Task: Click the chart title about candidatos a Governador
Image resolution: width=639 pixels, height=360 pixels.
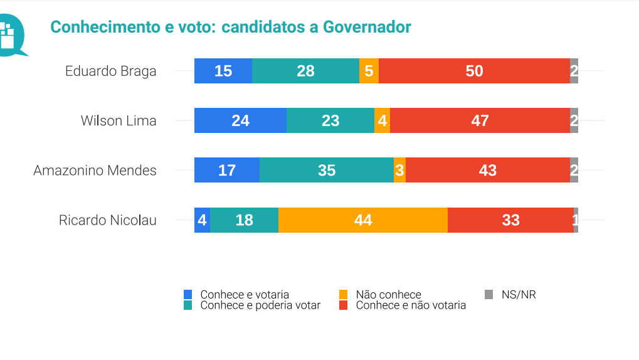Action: tap(230, 27)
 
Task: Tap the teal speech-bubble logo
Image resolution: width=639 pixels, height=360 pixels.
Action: tap(11, 34)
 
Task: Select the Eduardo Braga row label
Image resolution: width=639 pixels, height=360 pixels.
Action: tap(110, 71)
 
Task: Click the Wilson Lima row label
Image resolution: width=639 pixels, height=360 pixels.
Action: tap(119, 120)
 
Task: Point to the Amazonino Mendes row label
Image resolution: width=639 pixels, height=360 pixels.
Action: tap(95, 170)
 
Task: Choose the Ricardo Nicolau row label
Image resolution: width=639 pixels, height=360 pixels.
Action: tap(107, 220)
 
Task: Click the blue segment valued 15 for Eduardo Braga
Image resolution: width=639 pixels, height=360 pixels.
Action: tap(223, 71)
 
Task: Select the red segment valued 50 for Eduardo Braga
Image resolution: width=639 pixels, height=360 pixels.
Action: tap(474, 71)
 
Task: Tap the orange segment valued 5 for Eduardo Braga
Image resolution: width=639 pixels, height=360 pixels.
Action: tap(369, 71)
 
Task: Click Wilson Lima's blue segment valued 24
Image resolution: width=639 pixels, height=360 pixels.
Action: tap(240, 120)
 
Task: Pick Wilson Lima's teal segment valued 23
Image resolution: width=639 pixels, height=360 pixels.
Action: tap(330, 120)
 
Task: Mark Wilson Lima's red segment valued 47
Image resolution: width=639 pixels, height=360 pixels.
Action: tap(480, 120)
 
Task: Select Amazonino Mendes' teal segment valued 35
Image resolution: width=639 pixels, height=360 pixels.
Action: tap(326, 170)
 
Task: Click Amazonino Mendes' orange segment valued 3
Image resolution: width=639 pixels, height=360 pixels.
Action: tap(399, 170)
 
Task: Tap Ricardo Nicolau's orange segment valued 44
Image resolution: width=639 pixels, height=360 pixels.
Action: tap(362, 220)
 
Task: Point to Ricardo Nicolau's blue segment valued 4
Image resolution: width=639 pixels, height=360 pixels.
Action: tap(202, 220)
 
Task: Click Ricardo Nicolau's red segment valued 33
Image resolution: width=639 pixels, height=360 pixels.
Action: tap(510, 220)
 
